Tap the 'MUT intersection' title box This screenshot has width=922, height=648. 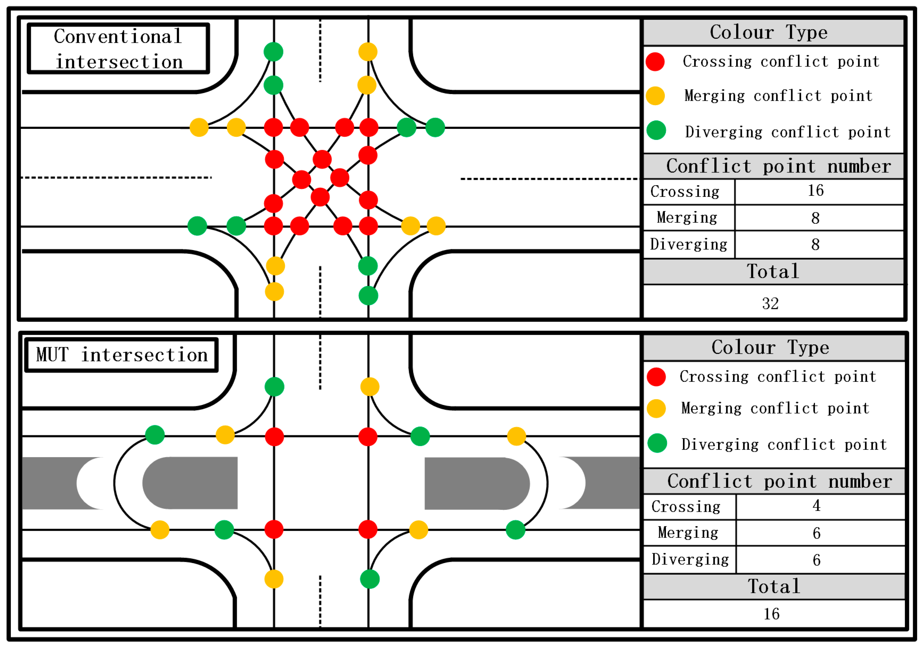pos(121,355)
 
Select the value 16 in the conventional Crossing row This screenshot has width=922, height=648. pos(815,191)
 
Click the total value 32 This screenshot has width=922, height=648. pos(770,304)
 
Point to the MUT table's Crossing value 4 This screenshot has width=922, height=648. pos(816,506)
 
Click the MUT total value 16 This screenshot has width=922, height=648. pos(771,614)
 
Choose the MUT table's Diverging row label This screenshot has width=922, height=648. pos(690,559)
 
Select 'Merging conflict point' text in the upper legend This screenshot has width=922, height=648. pos(778,96)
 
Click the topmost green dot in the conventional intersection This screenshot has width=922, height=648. pos(273,52)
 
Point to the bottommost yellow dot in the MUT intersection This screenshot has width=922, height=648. pos(274,579)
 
